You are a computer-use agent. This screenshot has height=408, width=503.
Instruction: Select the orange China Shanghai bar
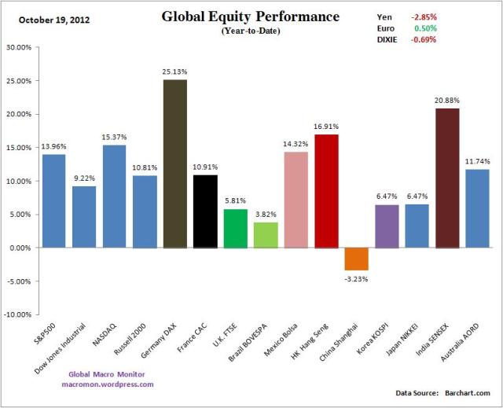pyautogui.click(x=356, y=259)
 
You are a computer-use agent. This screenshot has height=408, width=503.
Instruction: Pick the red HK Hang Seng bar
pyautogui.click(x=326, y=191)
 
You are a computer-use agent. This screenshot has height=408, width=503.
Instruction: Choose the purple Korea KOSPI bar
pyautogui.click(x=387, y=226)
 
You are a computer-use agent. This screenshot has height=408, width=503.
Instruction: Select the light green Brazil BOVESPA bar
pyautogui.click(x=266, y=234)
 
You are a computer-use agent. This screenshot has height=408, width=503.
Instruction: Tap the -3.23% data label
pyautogui.click(x=357, y=277)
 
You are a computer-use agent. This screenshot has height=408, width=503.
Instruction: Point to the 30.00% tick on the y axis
pyautogui.click(x=18, y=47)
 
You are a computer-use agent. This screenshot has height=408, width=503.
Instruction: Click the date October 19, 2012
pyautogui.click(x=49, y=19)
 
